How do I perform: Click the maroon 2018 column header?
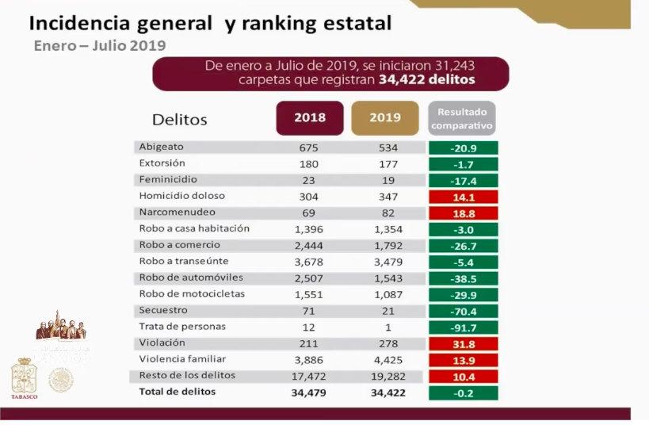click(x=309, y=118)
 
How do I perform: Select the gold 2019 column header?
click(x=384, y=118)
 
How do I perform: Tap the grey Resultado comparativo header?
click(x=462, y=118)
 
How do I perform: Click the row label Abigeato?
click(x=161, y=147)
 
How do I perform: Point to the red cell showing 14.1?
click(x=462, y=196)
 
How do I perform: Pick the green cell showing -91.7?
click(x=462, y=327)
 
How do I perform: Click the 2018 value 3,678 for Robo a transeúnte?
click(x=309, y=262)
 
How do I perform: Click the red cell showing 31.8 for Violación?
click(x=462, y=343)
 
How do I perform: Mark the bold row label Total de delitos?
click(x=177, y=392)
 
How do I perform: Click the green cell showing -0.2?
click(x=462, y=392)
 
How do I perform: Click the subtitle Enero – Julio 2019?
click(x=100, y=45)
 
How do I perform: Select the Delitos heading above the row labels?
click(x=179, y=120)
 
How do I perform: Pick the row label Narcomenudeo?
click(x=177, y=212)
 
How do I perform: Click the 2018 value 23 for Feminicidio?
click(x=309, y=180)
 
